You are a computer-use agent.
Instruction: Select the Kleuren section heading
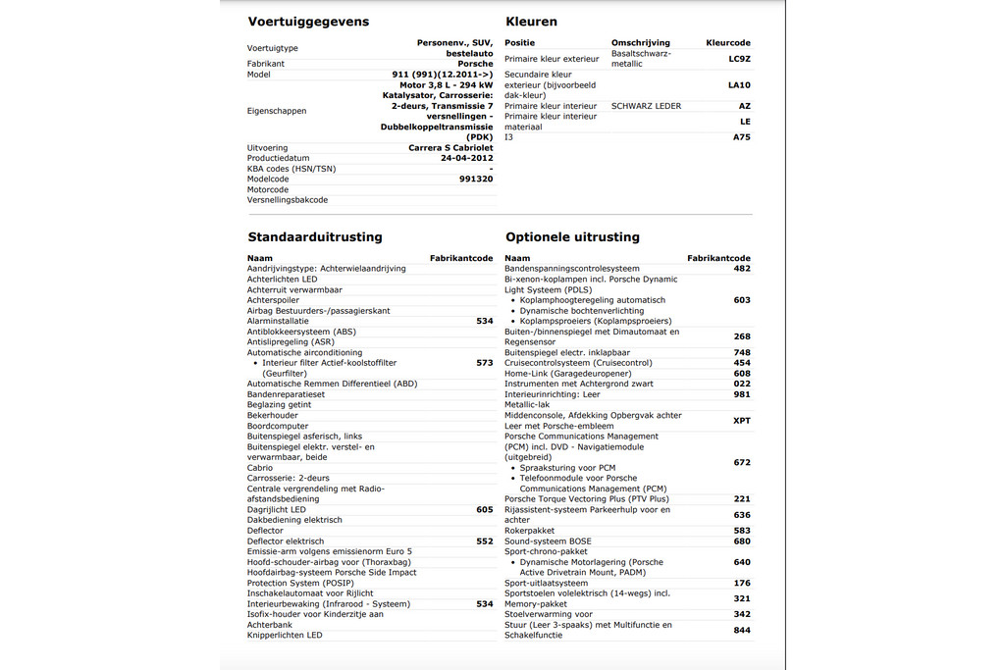pyautogui.click(x=531, y=22)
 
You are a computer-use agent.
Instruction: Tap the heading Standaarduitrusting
pyautogui.click(x=315, y=237)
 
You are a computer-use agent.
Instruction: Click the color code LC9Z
pyautogui.click(x=739, y=59)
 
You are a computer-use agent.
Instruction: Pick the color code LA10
pyautogui.click(x=739, y=85)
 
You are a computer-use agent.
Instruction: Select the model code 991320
pyautogui.click(x=476, y=180)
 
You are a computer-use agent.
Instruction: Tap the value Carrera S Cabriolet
pyautogui.click(x=450, y=148)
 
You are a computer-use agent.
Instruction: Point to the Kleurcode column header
pyautogui.click(x=728, y=43)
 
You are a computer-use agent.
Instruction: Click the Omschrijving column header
pyautogui.click(x=640, y=43)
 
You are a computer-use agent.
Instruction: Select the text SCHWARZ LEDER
pyautogui.click(x=646, y=106)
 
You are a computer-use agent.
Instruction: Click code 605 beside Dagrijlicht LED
pyautogui.click(x=484, y=510)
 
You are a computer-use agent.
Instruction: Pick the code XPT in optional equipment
pyautogui.click(x=741, y=421)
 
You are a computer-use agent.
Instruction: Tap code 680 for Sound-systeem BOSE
pyautogui.click(x=741, y=541)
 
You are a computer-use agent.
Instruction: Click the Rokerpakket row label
pyautogui.click(x=529, y=531)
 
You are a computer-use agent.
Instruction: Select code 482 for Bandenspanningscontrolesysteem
pyautogui.click(x=741, y=269)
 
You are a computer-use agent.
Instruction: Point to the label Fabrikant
pyautogui.click(x=266, y=64)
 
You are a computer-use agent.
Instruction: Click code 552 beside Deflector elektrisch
pyautogui.click(x=484, y=541)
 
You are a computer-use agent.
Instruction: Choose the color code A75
pyautogui.click(x=741, y=137)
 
